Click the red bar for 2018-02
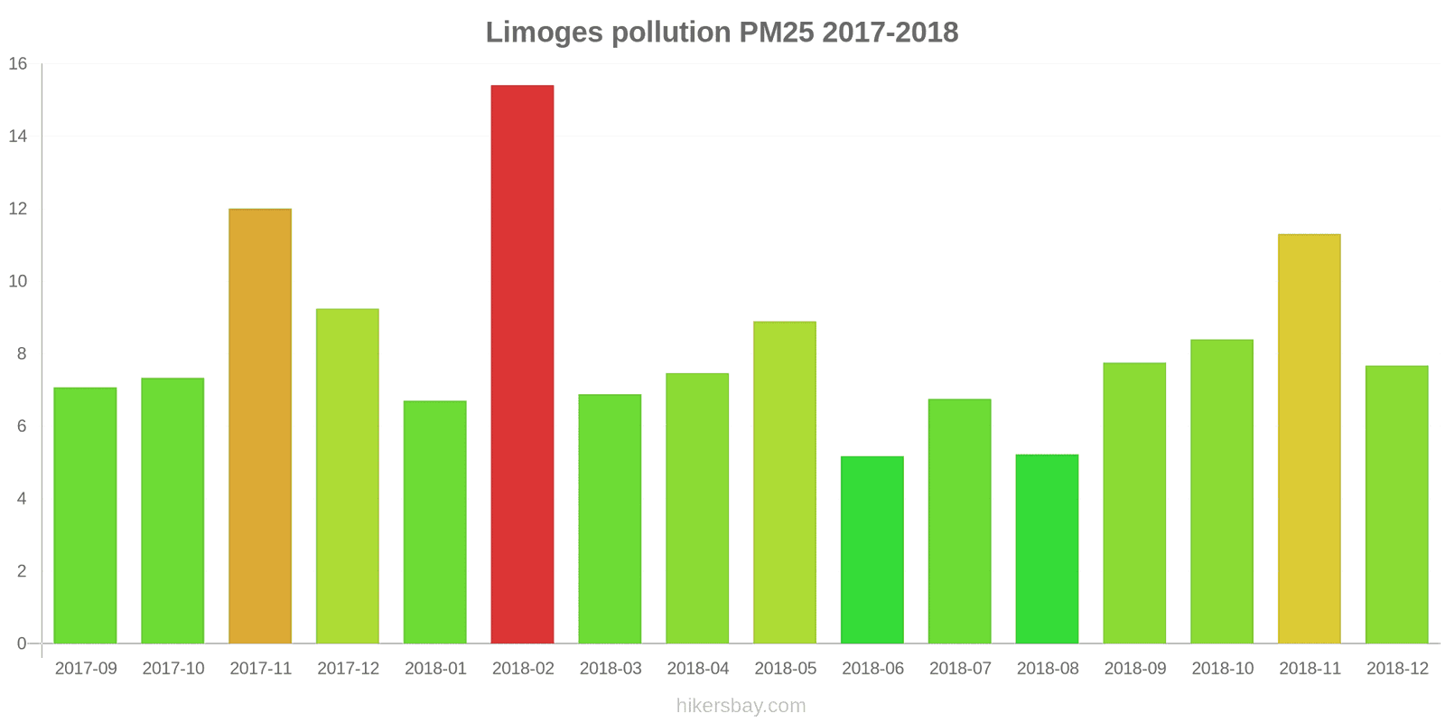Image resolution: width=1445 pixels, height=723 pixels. (x=522, y=364)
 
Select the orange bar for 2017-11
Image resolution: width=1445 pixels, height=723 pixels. (x=260, y=426)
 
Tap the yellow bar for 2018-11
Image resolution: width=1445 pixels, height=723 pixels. (x=1310, y=438)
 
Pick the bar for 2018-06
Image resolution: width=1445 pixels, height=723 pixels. (x=872, y=549)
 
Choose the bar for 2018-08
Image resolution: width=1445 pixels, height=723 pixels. (x=1047, y=549)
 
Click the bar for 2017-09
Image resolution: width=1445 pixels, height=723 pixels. (x=85, y=515)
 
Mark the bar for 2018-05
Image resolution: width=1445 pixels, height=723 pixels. (x=785, y=483)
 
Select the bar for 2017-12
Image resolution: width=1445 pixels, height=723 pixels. (x=348, y=476)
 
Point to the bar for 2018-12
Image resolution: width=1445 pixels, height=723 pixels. (x=1396, y=504)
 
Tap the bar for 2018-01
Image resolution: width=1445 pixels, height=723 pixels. (x=435, y=521)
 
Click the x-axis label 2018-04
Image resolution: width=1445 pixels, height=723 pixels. (x=697, y=669)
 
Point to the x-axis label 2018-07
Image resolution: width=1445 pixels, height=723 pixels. (x=960, y=669)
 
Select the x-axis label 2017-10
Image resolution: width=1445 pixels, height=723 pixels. (x=172, y=669)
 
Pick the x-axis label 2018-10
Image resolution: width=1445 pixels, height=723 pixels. (x=1222, y=669)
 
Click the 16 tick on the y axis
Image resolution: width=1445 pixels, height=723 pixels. (x=18, y=64)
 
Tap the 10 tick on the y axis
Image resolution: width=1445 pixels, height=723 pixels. (x=18, y=281)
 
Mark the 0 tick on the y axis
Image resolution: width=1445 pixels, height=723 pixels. (x=22, y=643)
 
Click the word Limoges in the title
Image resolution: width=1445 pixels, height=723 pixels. (x=545, y=33)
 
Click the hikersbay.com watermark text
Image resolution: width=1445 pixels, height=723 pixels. (x=741, y=706)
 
